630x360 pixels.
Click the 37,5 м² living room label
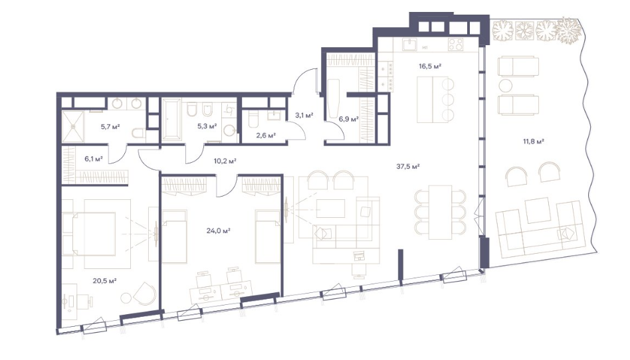tap(408, 166)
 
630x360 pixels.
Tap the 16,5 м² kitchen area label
tap(430, 66)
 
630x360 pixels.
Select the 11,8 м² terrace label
tap(533, 141)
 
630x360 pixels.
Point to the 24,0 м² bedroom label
tap(218, 230)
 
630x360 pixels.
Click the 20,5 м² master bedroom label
tap(104, 281)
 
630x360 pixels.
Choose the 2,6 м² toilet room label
tap(266, 135)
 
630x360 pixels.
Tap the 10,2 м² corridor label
tap(225, 161)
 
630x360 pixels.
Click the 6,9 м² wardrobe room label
tap(348, 119)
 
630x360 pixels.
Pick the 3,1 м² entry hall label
tap(304, 116)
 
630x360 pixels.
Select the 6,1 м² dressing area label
tap(93, 159)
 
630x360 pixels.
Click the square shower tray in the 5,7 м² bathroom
tap(72, 126)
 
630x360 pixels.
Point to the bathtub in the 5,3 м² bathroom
tap(173, 120)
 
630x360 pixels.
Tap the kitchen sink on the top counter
tap(409, 44)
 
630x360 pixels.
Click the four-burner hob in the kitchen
tap(456, 44)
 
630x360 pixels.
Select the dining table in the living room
tap(440, 212)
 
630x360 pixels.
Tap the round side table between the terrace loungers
tap(506, 85)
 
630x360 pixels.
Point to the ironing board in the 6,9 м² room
tap(333, 98)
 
